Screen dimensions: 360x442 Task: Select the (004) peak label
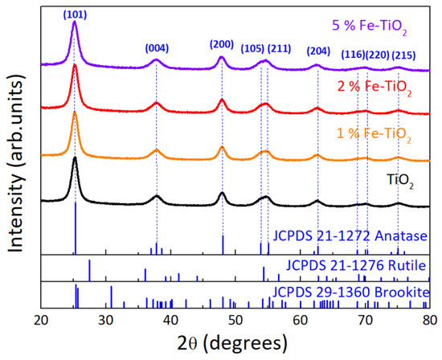(157, 48)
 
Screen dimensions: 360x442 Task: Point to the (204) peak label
(317, 51)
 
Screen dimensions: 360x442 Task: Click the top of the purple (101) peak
(74, 22)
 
